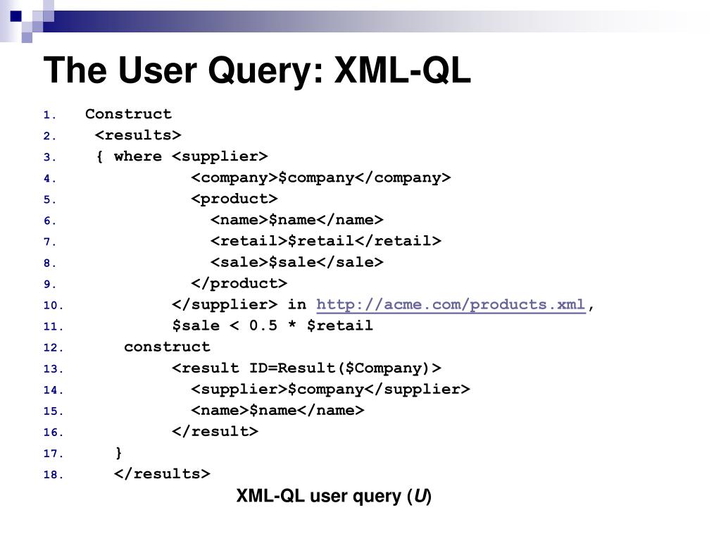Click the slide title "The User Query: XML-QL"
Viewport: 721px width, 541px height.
pyautogui.click(x=257, y=70)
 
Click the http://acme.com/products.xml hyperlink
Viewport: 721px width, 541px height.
pyautogui.click(x=451, y=305)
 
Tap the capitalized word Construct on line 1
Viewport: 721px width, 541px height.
pyautogui.click(x=128, y=114)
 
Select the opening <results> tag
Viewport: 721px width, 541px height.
pyautogui.click(x=138, y=135)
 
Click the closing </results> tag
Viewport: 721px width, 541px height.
pyautogui.click(x=162, y=474)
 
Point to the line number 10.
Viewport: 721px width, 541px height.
pyautogui.click(x=54, y=306)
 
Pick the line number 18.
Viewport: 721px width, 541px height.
pyautogui.click(x=54, y=475)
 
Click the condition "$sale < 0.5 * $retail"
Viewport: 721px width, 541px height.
pyautogui.click(x=272, y=326)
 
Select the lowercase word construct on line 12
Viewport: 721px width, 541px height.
pyautogui.click(x=167, y=347)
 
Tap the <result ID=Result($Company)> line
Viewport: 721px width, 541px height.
pyautogui.click(x=306, y=368)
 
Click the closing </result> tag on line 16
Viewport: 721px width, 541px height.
pyautogui.click(x=215, y=432)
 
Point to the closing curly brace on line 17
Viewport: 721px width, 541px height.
pyautogui.click(x=118, y=452)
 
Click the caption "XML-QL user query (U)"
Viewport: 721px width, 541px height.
pyautogui.click(x=334, y=496)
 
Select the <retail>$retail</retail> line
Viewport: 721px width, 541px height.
pyautogui.click(x=325, y=242)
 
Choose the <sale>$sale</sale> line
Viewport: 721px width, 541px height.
pyautogui.click(x=296, y=263)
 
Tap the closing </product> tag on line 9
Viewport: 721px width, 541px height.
pyautogui.click(x=239, y=284)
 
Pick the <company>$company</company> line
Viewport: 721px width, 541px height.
pyautogui.click(x=320, y=178)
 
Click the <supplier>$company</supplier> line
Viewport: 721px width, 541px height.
pyautogui.click(x=330, y=390)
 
